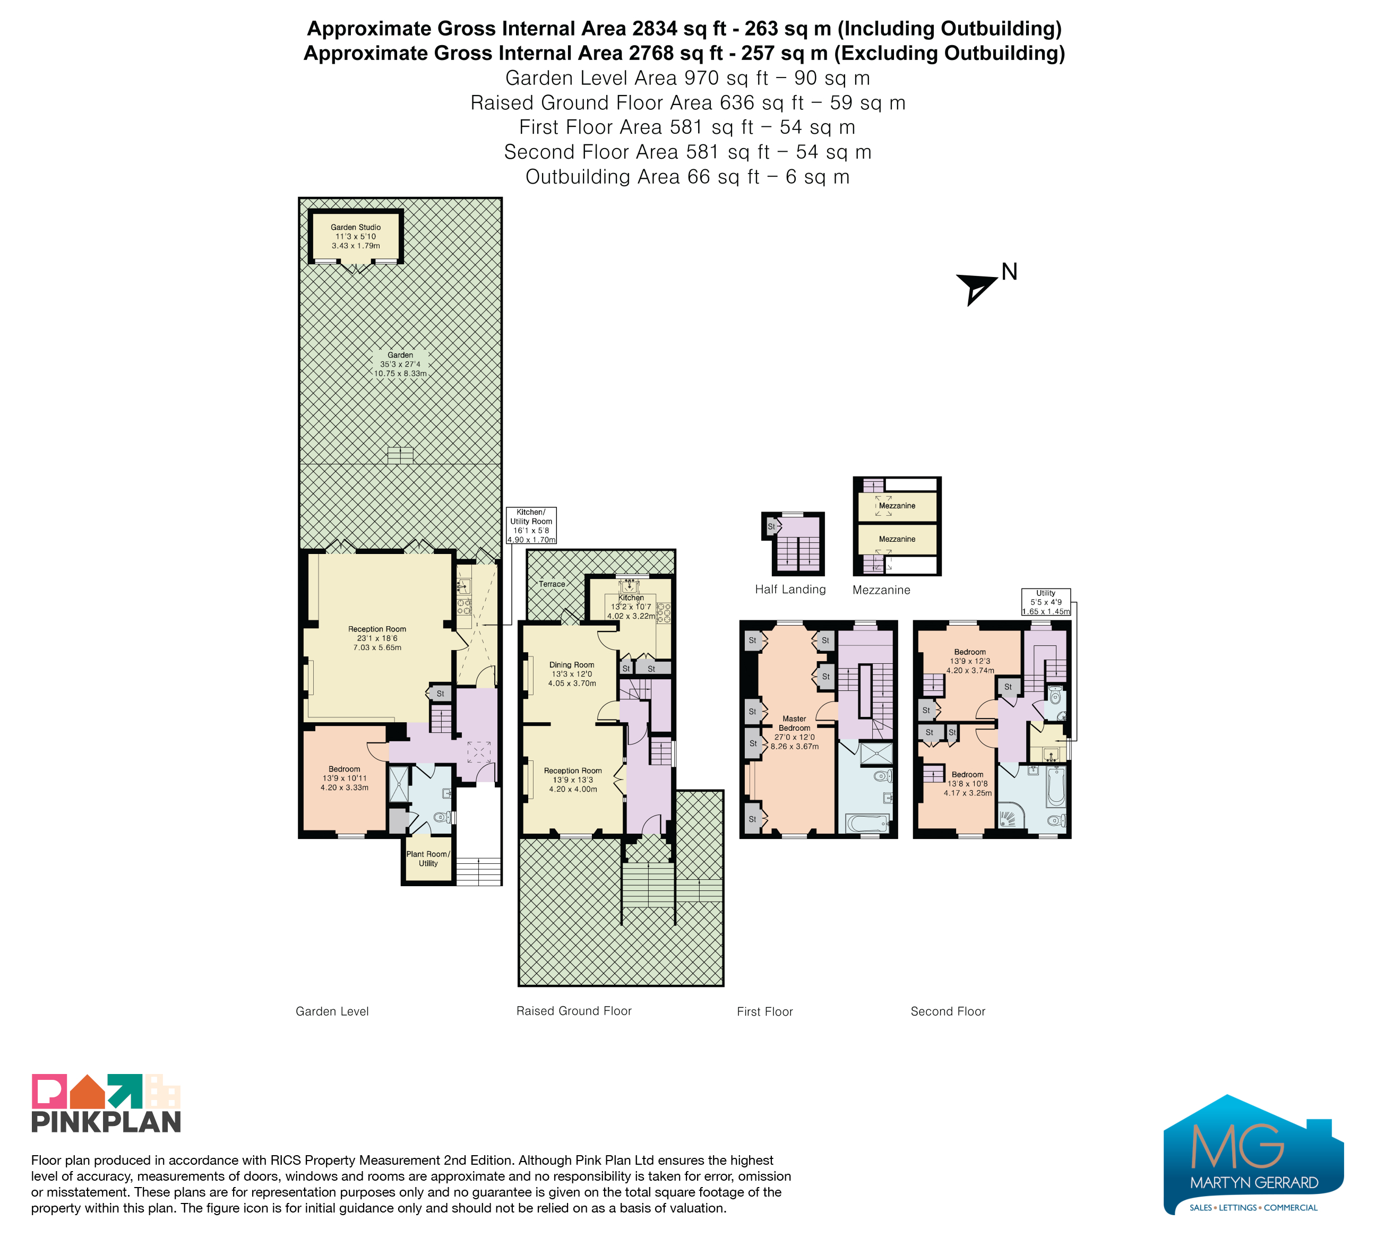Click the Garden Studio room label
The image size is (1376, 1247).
(356, 236)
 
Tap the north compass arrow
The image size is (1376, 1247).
(976, 287)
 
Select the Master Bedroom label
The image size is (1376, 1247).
(795, 732)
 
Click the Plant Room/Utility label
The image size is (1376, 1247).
(428, 858)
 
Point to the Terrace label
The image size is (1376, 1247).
(552, 584)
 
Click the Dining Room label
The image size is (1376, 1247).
(572, 673)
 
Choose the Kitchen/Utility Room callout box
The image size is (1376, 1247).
(531, 525)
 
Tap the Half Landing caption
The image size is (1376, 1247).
(790, 590)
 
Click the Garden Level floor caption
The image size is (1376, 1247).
(332, 1011)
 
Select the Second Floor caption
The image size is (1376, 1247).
(948, 1011)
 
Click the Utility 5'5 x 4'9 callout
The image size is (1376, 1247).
(1046, 602)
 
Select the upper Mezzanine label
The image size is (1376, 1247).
(897, 506)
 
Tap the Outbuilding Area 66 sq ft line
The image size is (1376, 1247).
(687, 177)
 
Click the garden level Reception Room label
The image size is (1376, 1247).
(377, 638)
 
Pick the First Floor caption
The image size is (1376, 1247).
(764, 1011)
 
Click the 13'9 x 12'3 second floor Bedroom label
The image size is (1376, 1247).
(969, 661)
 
